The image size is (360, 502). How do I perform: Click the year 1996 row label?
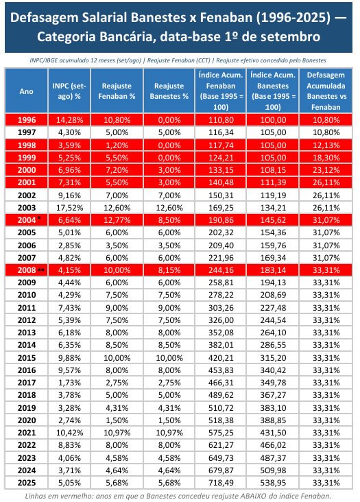27,120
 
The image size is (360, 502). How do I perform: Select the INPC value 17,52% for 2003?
69,208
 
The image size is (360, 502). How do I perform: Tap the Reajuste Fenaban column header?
117,91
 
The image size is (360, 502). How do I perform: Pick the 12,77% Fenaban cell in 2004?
117,220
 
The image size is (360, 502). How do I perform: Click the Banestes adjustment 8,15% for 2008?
169,270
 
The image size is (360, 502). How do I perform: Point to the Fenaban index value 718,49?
221,483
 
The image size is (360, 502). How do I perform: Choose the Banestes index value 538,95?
273,483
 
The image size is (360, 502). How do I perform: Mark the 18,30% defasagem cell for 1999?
326,158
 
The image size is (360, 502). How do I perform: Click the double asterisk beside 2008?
41,270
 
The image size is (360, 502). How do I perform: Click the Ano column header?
26,91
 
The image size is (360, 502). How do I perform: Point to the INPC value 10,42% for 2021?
69,433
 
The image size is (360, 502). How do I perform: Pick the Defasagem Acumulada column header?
326,91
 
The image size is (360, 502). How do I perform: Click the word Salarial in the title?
106,18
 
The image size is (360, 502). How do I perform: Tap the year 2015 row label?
27,358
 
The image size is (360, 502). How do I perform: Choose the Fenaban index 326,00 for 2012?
221,320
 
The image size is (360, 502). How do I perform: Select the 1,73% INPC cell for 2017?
69,383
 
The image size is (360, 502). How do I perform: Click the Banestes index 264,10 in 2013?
273,333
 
